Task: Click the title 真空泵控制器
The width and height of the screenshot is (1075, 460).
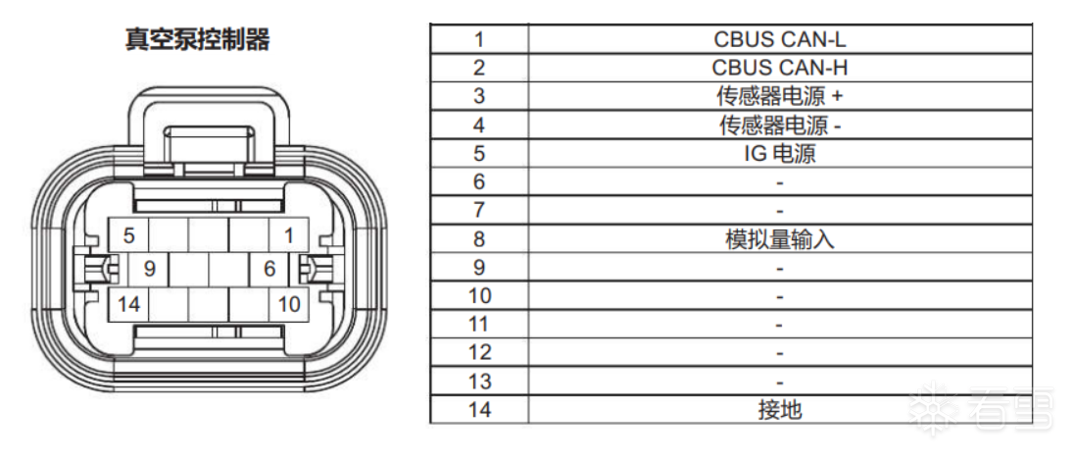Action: coord(197,40)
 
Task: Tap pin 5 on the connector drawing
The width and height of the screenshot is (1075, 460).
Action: coord(129,235)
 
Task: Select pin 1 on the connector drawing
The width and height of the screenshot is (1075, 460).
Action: coord(289,235)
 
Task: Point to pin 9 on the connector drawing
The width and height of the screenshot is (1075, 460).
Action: coord(150,269)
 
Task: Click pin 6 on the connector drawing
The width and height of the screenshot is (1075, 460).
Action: coord(269,269)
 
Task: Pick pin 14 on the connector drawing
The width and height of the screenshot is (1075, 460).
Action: coord(129,303)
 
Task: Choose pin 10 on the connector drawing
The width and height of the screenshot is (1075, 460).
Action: coord(289,303)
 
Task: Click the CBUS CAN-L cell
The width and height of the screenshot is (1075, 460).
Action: coord(780,39)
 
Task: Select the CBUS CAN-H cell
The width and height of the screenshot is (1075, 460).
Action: coord(780,68)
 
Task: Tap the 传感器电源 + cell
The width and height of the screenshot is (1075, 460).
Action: coord(780,96)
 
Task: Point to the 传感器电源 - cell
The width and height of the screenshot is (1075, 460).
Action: coord(780,125)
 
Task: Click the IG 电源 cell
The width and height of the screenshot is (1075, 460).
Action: coord(780,153)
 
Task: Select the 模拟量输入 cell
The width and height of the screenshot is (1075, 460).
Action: coord(780,239)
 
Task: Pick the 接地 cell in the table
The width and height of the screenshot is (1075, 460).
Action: coord(780,410)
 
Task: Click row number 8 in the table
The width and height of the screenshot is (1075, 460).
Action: coord(479,239)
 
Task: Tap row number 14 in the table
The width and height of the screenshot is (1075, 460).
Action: coord(479,410)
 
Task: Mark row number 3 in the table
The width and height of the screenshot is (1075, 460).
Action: coord(479,96)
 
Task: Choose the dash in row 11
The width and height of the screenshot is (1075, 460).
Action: coord(779,325)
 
